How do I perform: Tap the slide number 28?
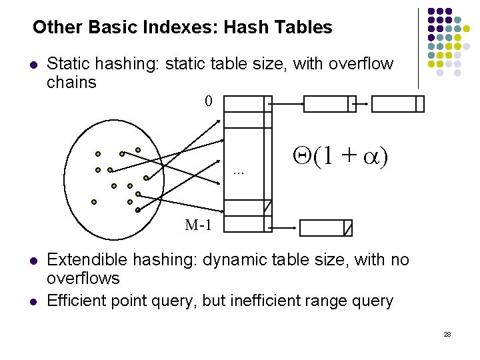[447, 333]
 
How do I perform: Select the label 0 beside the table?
[209, 102]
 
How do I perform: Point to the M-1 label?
[199, 225]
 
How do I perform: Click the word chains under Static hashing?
[72, 83]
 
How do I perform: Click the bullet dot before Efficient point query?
[33, 301]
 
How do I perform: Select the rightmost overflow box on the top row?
[397, 104]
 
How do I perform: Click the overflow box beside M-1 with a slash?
[325, 228]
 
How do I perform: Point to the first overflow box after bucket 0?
[330, 104]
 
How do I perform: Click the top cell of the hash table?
[247, 104]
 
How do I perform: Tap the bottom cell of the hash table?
[247, 224]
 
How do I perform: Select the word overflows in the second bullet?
[83, 278]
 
